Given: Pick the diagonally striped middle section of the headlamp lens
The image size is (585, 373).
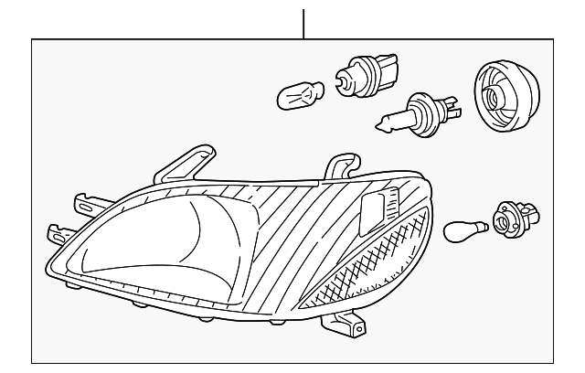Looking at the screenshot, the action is pos(274,229).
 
